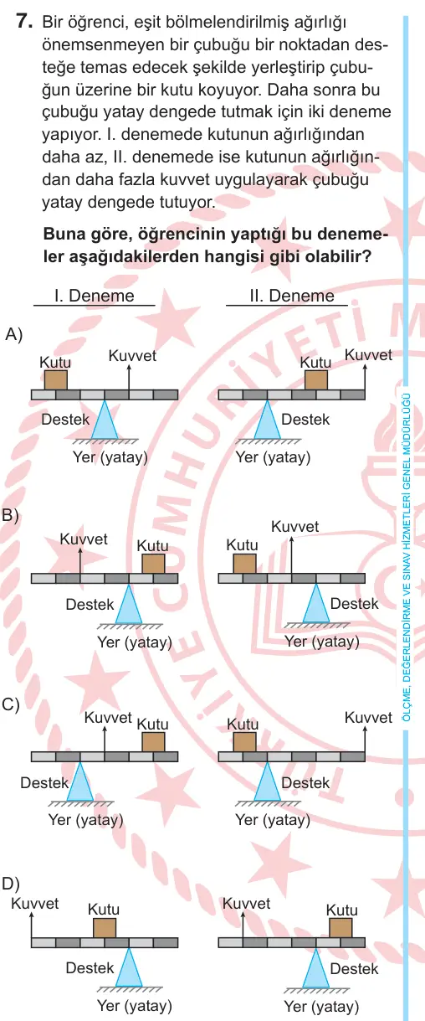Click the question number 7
click(23, 22)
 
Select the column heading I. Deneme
click(95, 296)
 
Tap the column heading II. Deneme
click(292, 296)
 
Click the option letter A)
click(13, 334)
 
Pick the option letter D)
click(11, 884)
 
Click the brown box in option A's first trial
click(56, 380)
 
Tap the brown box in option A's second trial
click(316, 380)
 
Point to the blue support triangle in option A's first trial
click(105, 420)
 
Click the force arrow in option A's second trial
click(365, 378)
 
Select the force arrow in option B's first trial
click(80, 560)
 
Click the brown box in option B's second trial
click(244, 564)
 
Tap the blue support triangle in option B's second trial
click(316, 603)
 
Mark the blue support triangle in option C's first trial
click(80, 781)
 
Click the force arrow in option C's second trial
click(365, 740)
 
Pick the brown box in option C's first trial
click(153, 741)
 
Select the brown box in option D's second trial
click(341, 927)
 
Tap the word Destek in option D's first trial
click(90, 967)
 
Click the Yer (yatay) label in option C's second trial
click(273, 820)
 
